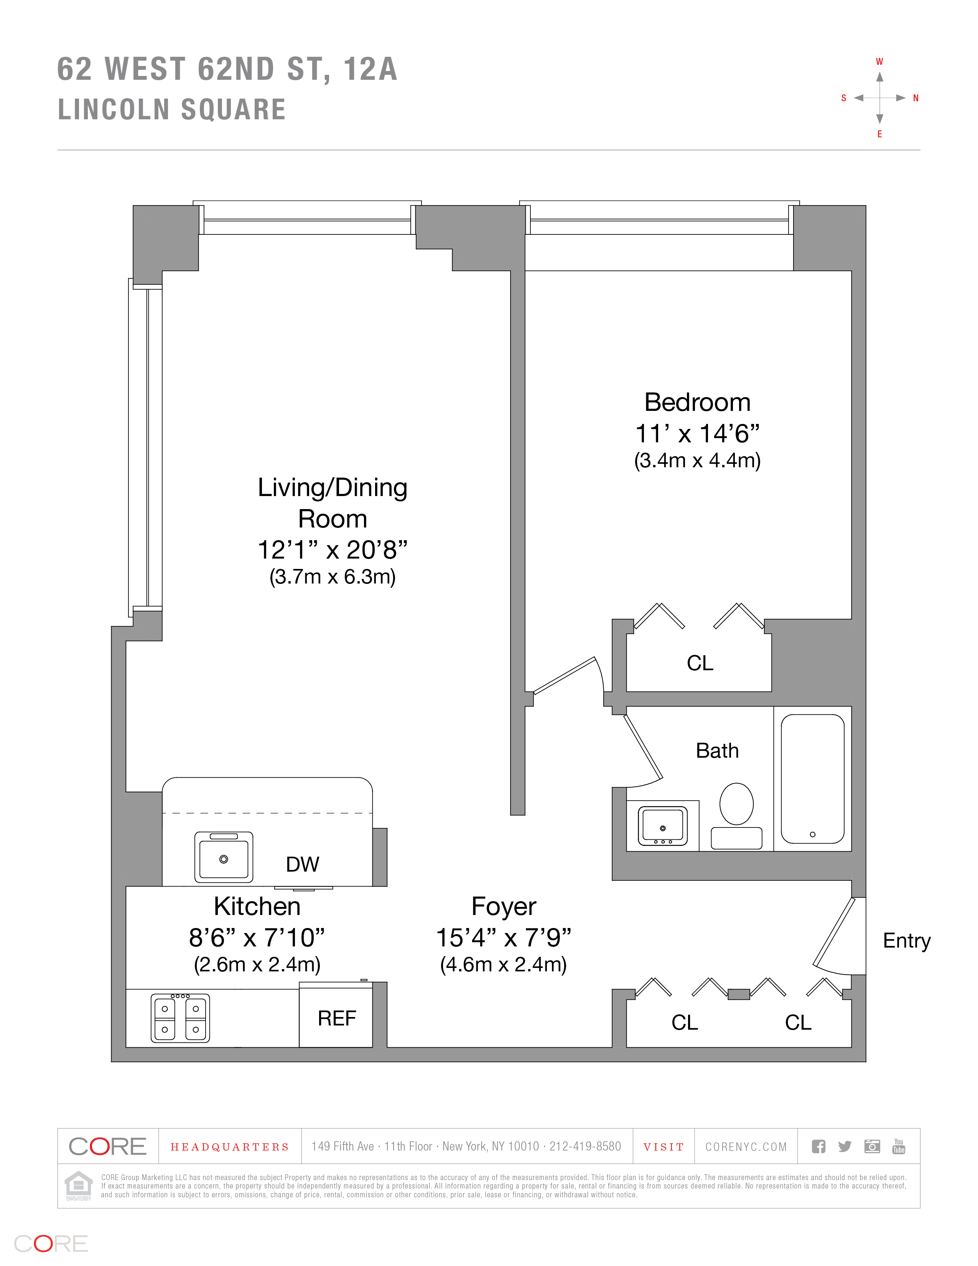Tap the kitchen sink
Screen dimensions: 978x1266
224,857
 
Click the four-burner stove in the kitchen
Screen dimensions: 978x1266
180,1018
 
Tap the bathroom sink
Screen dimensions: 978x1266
663,826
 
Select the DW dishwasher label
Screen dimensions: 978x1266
303,864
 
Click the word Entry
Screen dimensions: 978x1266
907,941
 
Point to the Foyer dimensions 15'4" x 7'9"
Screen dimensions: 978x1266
504,937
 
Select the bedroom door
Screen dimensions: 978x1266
565,675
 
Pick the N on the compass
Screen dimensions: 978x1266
916,98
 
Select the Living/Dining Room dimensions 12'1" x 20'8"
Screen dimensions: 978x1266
333,549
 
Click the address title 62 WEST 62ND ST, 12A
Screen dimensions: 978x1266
227,69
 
